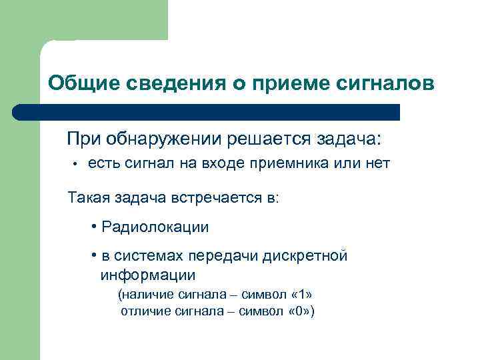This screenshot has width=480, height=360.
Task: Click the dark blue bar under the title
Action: (x=207, y=112)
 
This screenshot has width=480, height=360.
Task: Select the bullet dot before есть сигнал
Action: (x=77, y=164)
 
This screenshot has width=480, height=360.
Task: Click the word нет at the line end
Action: (x=375, y=164)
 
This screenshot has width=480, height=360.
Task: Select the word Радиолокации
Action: (x=155, y=227)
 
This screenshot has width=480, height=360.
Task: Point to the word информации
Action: (x=147, y=275)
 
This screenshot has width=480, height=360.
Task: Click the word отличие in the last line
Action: (x=143, y=311)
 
